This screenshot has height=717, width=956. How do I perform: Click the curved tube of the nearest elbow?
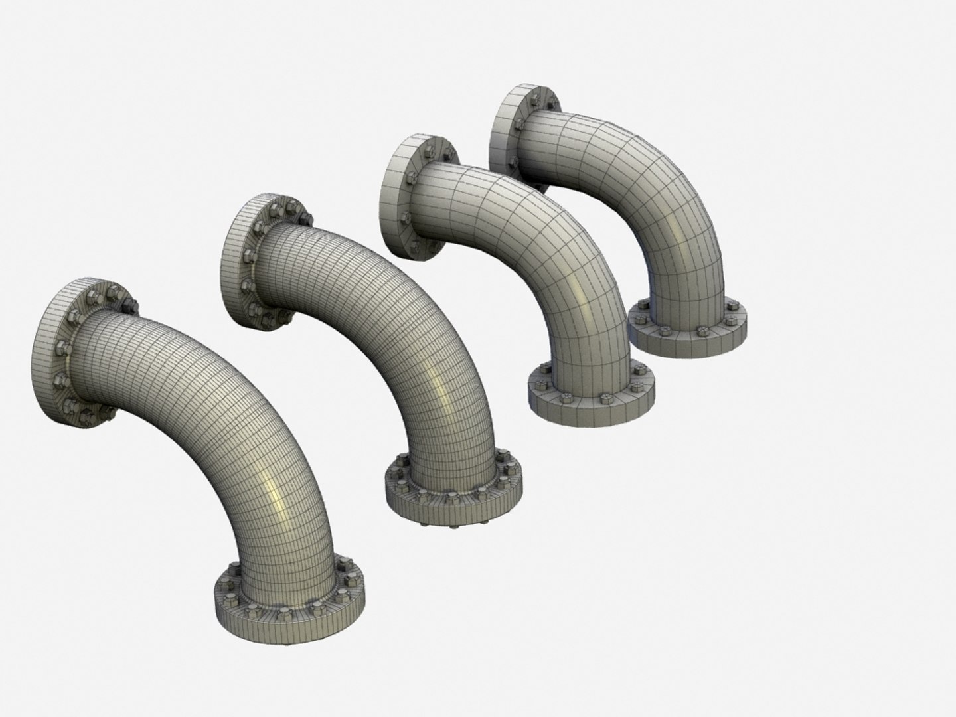click(x=219, y=398)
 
